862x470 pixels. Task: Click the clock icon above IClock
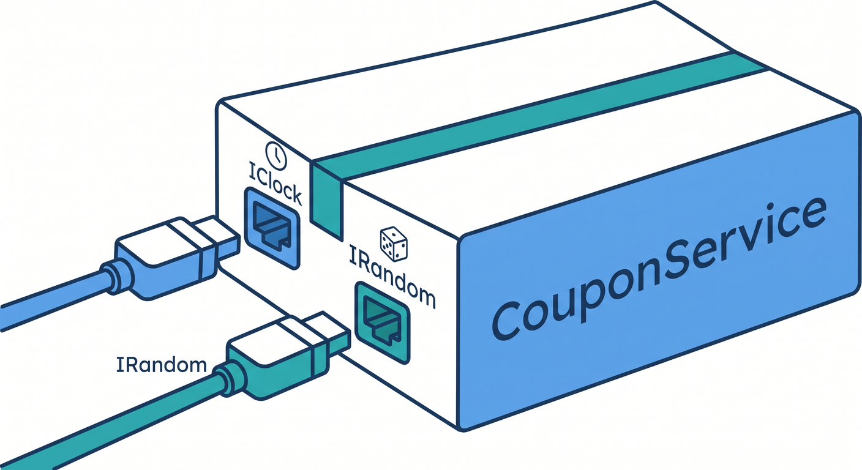tap(276, 156)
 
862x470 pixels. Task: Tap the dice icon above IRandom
tap(394, 244)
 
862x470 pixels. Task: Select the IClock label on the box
tap(275, 188)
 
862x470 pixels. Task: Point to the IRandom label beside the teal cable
tap(162, 365)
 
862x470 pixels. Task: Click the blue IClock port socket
tap(272, 228)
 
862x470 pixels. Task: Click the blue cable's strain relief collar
tap(116, 278)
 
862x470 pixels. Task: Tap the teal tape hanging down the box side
tap(326, 201)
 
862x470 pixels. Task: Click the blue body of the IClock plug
tap(165, 266)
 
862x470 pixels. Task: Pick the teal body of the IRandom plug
tap(277, 365)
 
